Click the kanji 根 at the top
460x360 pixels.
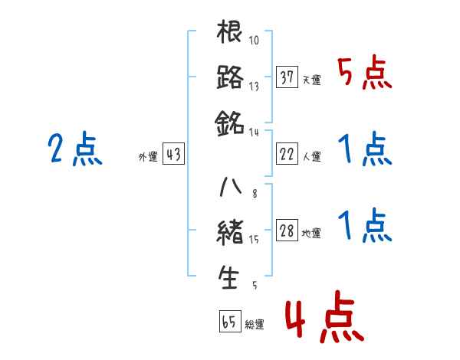[x=230, y=33]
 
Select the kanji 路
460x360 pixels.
[x=230, y=77]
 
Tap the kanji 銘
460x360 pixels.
[x=230, y=122]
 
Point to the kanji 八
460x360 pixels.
[x=230, y=186]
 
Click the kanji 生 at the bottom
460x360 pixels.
[x=230, y=277]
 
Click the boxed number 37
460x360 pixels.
[x=287, y=77]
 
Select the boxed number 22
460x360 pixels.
[x=287, y=154]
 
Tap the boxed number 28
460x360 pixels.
[x=287, y=231]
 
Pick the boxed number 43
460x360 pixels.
[x=172, y=154]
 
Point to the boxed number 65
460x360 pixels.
[x=228, y=322]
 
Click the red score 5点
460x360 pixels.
[x=365, y=73]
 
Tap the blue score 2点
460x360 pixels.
[x=74, y=149]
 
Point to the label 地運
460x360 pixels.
[x=311, y=234]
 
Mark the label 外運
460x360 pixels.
[x=148, y=157]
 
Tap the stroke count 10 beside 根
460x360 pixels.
[x=255, y=40]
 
